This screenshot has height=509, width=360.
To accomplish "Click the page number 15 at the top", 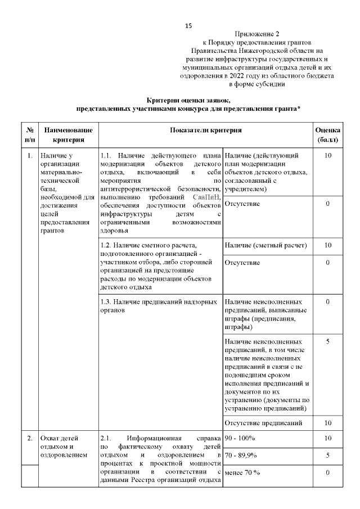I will coord(188,26).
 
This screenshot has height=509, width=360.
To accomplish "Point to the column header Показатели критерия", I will coord(206,130).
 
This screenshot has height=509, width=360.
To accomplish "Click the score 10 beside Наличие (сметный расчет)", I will coord(327,245).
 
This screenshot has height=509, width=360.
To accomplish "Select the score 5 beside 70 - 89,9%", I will coord(327,455).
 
